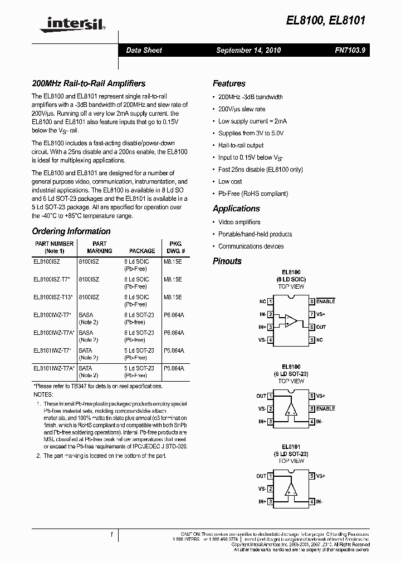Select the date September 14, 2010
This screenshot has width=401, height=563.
pyautogui.click(x=248, y=51)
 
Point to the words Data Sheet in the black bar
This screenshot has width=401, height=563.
pyautogui.click(x=144, y=51)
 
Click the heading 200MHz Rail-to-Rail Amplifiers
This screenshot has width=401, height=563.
pyautogui.click(x=89, y=83)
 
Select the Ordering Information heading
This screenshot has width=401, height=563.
pyautogui.click(x=71, y=231)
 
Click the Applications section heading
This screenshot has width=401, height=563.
pyautogui.click(x=236, y=209)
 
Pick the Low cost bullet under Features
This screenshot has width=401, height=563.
pyautogui.click(x=230, y=181)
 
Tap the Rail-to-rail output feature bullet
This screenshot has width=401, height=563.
pyautogui.click(x=241, y=145)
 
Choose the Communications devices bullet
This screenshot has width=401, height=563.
pyautogui.click(x=251, y=246)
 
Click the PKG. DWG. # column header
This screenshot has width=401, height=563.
pyautogui.click(x=175, y=247)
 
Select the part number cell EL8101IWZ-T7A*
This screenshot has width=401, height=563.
pyautogui.click(x=55, y=368)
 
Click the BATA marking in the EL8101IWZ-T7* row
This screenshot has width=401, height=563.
pyautogui.click(x=86, y=350)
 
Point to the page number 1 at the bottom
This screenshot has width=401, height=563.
pyautogui.click(x=111, y=535)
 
